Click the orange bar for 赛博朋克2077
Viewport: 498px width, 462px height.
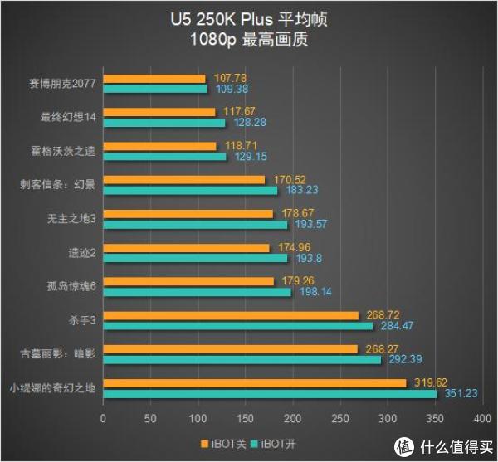[x=153, y=79]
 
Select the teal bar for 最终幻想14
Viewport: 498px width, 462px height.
[x=163, y=123]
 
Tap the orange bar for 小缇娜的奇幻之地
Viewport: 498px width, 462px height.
[x=253, y=383]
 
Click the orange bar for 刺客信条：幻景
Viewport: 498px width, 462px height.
[x=183, y=179]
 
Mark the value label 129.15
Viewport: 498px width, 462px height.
[x=247, y=157]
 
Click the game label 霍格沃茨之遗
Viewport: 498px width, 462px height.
[x=68, y=151]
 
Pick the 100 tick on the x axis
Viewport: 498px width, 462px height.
[x=197, y=417]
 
